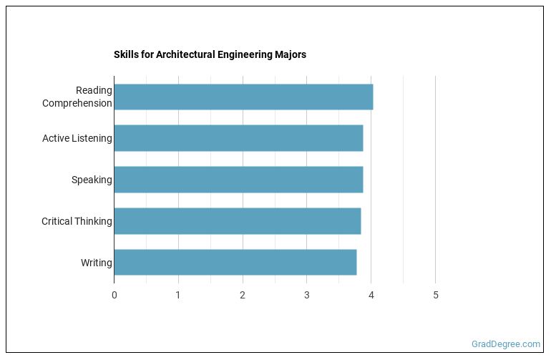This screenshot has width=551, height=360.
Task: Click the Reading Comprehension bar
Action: click(x=243, y=97)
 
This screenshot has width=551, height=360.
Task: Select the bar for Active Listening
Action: click(x=238, y=138)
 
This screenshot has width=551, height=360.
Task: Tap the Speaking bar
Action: click(x=238, y=180)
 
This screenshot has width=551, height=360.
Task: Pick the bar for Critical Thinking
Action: click(x=237, y=221)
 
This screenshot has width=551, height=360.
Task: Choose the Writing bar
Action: click(x=235, y=263)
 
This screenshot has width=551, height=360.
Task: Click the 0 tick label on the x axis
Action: click(x=114, y=296)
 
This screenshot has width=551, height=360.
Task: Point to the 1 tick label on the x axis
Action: click(x=178, y=296)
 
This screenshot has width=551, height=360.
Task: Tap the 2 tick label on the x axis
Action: click(x=243, y=296)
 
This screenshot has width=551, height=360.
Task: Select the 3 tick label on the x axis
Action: click(x=307, y=296)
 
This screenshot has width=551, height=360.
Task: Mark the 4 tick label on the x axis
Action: click(x=371, y=296)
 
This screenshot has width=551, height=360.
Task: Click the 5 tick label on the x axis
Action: click(x=436, y=296)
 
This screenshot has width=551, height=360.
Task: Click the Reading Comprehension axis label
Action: click(x=77, y=97)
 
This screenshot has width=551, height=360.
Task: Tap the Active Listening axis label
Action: click(x=77, y=138)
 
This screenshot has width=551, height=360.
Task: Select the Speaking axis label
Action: click(x=92, y=180)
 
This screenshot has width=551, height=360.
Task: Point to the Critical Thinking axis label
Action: click(x=77, y=221)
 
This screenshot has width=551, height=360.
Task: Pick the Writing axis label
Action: click(x=97, y=263)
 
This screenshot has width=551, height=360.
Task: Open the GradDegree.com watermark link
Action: click(x=506, y=344)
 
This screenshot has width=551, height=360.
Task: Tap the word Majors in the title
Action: click(x=289, y=54)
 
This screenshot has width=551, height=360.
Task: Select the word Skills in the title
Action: click(x=125, y=54)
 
